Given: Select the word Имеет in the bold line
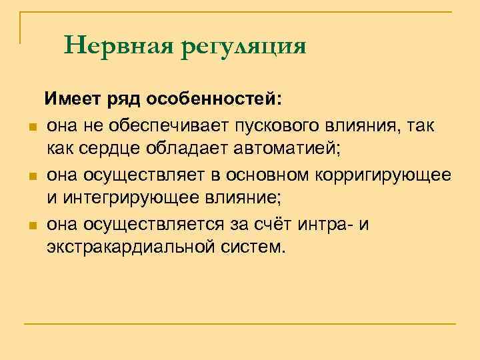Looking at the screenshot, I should point(71,101).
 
